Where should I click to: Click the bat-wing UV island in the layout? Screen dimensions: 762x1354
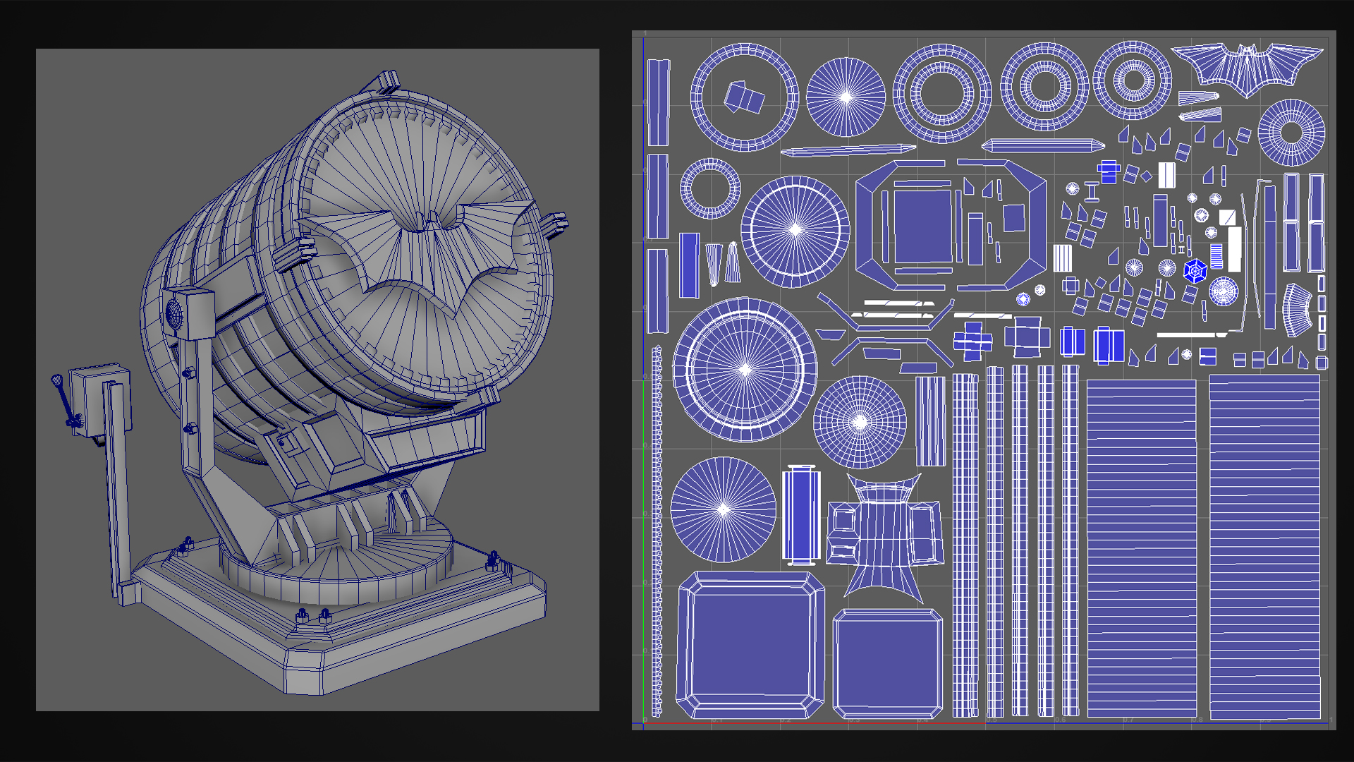point(1247,67)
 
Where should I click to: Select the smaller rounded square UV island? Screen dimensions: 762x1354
point(887,663)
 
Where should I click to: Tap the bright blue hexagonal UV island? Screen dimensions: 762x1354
point(1195,271)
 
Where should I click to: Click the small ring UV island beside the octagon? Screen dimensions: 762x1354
point(710,188)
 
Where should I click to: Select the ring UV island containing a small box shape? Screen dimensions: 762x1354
point(744,97)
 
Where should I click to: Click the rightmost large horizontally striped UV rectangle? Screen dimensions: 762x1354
point(1264,547)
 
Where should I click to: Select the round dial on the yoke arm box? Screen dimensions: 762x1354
point(173,313)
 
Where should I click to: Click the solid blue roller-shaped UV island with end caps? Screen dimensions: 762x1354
point(800,515)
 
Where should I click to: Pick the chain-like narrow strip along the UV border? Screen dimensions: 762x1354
point(657,529)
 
